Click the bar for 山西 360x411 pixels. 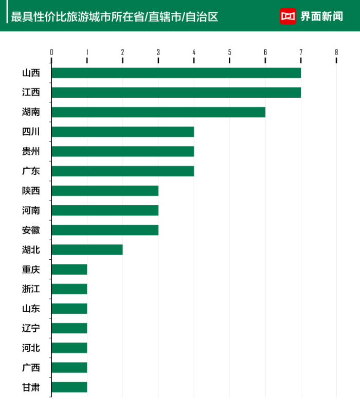176,73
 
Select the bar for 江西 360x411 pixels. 176,93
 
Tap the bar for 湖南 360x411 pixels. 158,112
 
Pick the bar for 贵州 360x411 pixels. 122,151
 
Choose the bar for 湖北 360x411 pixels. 87,249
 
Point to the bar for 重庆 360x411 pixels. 69,270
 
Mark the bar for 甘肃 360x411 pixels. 69,387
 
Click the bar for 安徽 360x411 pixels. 105,230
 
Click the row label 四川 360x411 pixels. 31,132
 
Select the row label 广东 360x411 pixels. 31,171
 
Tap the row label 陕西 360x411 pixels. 31,191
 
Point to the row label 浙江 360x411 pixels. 31,289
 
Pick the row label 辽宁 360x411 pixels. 31,328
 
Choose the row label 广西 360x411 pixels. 31,368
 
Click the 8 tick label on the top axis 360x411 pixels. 336,52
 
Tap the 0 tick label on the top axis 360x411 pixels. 51,52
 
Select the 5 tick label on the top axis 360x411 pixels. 229,52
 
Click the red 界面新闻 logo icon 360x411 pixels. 288,16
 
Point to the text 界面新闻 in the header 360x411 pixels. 321,16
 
